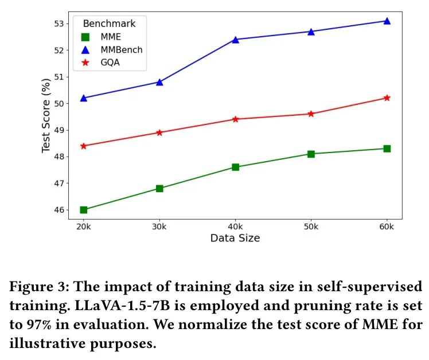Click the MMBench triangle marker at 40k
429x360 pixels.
235,39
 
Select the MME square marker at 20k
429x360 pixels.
84,210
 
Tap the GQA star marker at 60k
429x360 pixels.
387,98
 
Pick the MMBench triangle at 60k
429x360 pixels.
387,21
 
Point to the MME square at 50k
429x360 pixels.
311,154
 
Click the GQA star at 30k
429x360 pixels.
159,132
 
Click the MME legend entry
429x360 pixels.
109,37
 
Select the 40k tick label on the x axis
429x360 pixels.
235,228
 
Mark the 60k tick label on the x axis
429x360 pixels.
387,228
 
